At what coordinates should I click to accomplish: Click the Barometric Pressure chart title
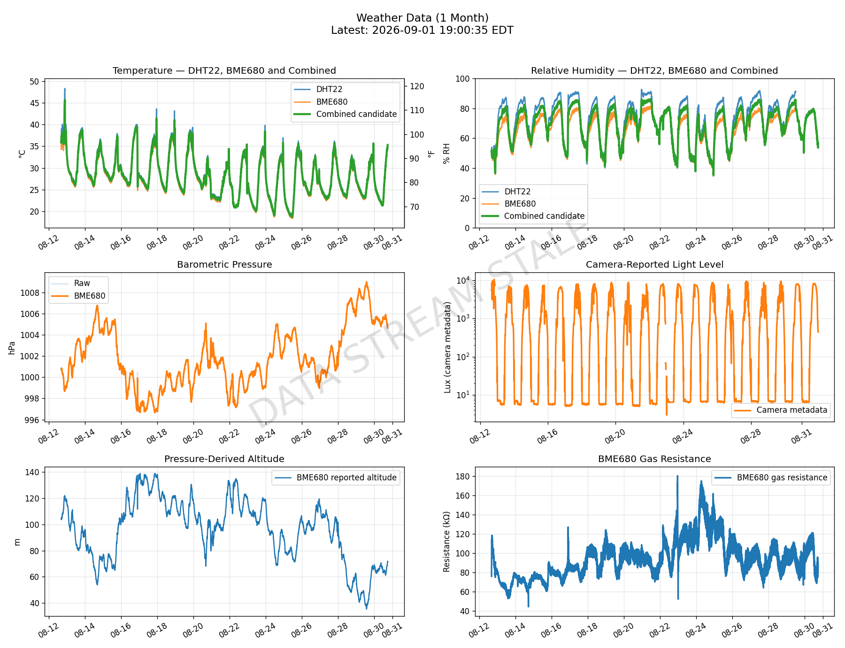pos(224,264)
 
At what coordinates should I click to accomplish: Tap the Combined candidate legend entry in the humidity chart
pos(533,216)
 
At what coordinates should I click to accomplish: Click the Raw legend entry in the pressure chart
pos(70,283)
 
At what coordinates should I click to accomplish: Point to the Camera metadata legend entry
pos(781,410)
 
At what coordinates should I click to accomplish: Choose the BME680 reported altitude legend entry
pos(336,478)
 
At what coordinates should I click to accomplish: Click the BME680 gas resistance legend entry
pos(771,478)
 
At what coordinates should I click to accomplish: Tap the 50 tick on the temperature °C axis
pos(34,82)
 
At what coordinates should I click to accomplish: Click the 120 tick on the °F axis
pos(417,86)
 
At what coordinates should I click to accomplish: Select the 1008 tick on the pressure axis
pos(30,293)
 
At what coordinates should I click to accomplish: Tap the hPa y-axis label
pos(12,348)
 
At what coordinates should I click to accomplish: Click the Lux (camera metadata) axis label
pos(447,347)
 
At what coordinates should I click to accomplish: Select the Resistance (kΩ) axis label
pos(446,541)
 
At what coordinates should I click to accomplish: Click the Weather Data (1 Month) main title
pos(422,18)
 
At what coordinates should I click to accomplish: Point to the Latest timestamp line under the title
pos(422,31)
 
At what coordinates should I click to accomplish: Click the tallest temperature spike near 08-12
pos(65,89)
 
